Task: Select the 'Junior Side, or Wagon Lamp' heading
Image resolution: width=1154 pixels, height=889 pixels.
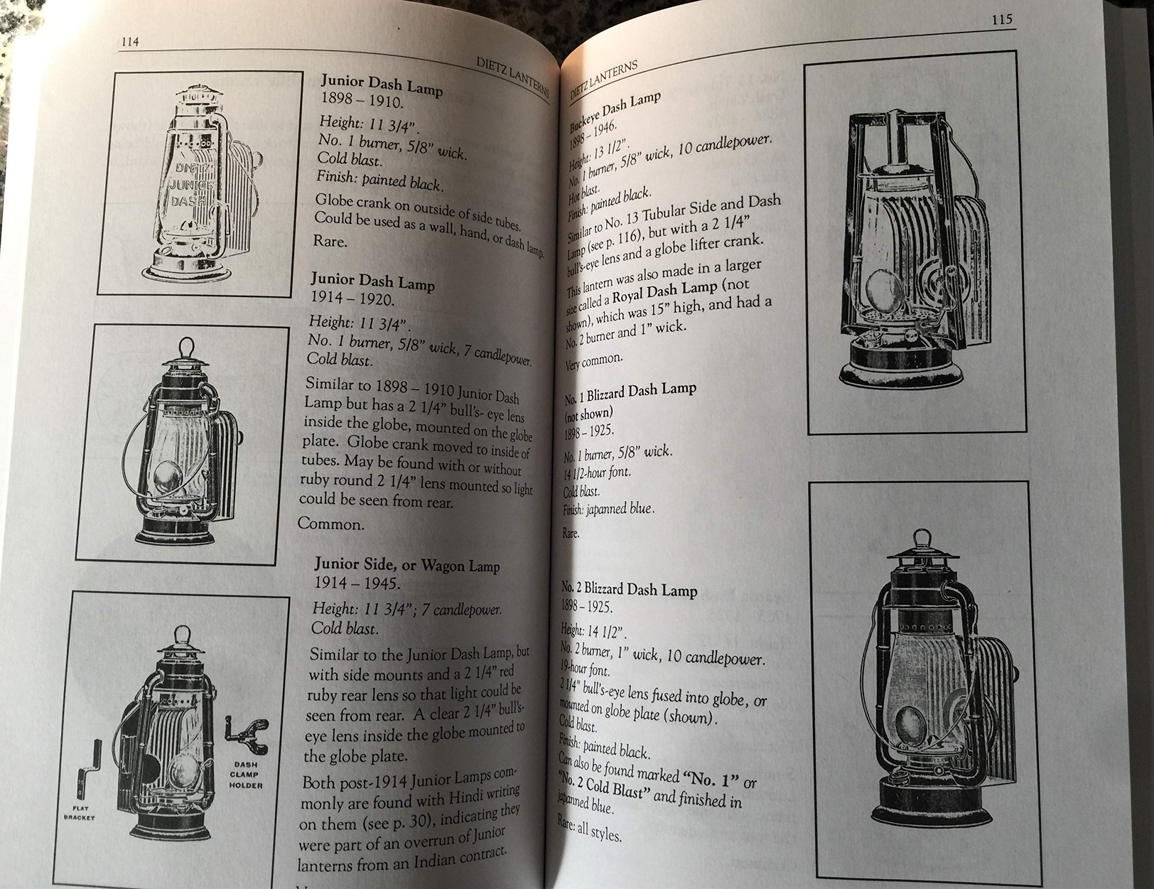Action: (407, 565)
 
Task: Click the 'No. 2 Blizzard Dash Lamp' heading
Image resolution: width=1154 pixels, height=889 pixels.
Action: (629, 588)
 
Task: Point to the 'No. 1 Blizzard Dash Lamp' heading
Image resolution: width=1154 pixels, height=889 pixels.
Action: (630, 393)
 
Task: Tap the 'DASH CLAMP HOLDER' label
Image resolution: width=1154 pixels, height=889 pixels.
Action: (245, 774)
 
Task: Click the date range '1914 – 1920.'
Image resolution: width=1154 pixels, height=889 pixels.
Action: (352, 299)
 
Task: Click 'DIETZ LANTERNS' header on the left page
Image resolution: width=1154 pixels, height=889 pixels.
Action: (513, 77)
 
